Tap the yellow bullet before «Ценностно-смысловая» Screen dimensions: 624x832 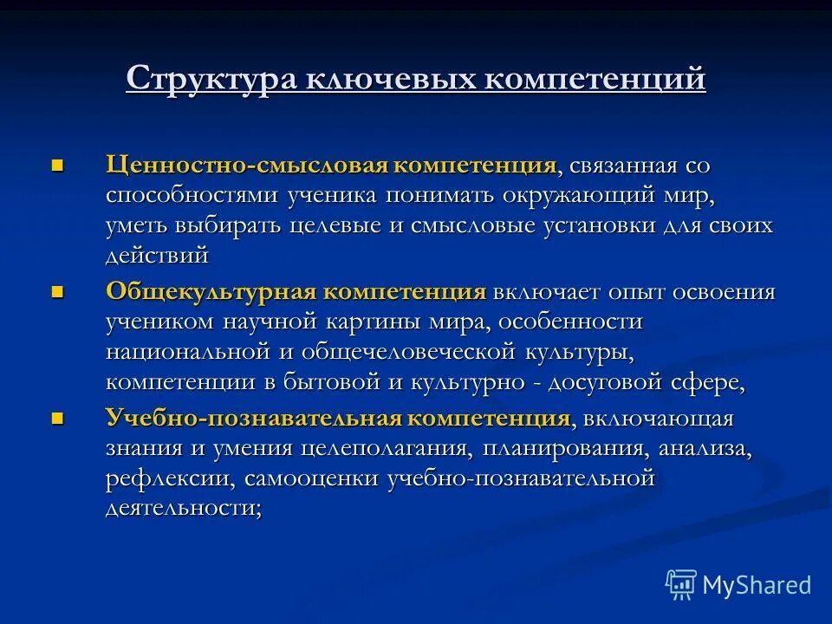pyautogui.click(x=58, y=165)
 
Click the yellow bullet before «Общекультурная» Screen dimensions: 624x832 pyautogui.click(x=58, y=292)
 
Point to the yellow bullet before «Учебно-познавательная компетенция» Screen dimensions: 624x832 pyautogui.click(x=58, y=419)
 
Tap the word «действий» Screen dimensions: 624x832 pyautogui.click(x=157, y=256)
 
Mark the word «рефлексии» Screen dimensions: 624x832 pyautogui.click(x=170, y=479)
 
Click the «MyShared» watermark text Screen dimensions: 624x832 pyautogui.click(x=757, y=585)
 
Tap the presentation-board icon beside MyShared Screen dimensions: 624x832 pyautogui.click(x=681, y=585)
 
